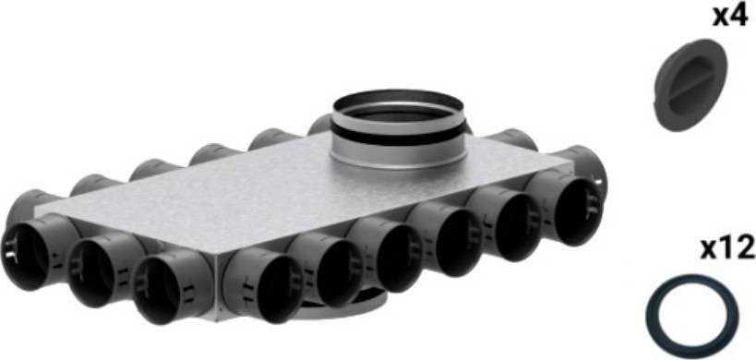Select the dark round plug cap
tap(690, 85)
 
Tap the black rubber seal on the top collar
tap(398, 135)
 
